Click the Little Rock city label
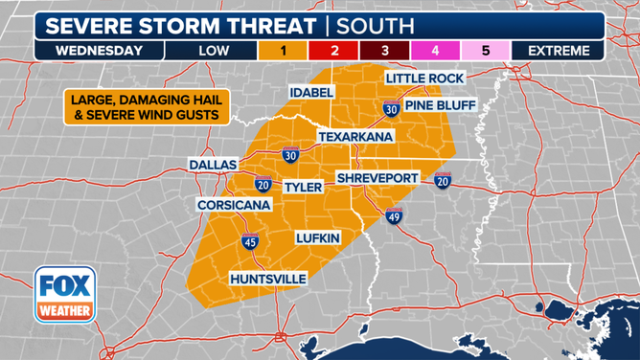pos(424,78)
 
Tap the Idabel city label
pos(312,92)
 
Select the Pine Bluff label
pos(440,104)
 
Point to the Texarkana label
pos(357,137)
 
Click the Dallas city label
pos(212,165)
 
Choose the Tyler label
pos(303,188)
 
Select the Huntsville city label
pos(268,279)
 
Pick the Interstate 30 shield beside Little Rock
pos(391,108)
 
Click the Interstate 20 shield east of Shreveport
pos(442,181)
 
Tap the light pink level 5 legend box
pos(486,51)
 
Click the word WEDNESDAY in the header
pos(99,51)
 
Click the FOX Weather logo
pos(64,296)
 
